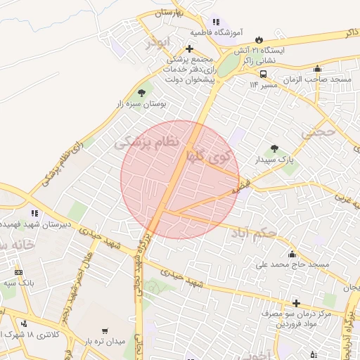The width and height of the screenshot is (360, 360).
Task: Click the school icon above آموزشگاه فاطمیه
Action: (x=216, y=22)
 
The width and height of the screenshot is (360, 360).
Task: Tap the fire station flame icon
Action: (x=259, y=40)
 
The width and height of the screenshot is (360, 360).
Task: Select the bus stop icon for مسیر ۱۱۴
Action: (x=263, y=74)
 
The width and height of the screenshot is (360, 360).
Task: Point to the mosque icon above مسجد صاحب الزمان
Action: (x=319, y=69)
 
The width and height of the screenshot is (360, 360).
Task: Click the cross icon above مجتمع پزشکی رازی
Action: (x=188, y=49)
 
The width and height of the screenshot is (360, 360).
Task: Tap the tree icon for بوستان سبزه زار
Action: (x=143, y=92)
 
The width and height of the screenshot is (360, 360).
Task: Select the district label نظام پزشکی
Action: (x=147, y=143)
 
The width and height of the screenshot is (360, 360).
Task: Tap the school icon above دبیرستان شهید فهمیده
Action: (x=34, y=213)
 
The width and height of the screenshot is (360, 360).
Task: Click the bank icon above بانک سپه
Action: (x=18, y=272)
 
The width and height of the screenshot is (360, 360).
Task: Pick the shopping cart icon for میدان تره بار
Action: (x=105, y=330)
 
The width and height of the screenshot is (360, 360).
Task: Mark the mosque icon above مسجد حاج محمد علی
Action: (x=292, y=254)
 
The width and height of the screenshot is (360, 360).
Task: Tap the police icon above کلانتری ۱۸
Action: (x=25, y=324)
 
